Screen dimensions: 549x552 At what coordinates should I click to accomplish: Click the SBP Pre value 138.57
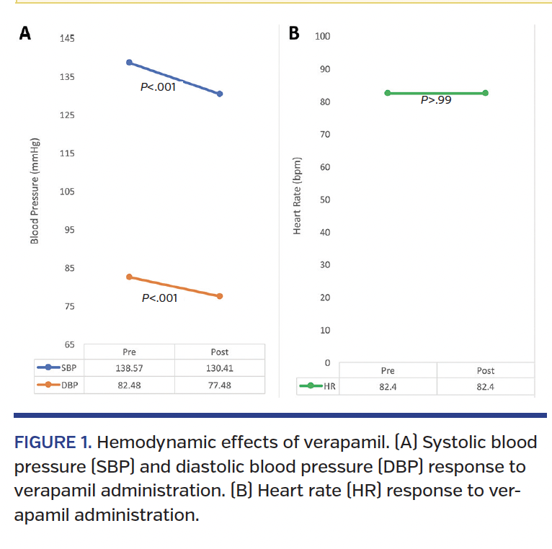pos(129,368)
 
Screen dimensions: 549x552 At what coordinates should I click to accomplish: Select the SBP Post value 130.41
pos(220,368)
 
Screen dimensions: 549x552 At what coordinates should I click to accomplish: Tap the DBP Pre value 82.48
pos(129,385)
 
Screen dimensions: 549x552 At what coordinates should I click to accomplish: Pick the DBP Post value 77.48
pos(220,385)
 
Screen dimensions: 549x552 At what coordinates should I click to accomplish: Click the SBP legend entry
pos(58,368)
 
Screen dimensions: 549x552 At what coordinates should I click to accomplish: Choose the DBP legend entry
pos(58,385)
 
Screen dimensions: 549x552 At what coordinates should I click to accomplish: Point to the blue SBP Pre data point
pos(129,62)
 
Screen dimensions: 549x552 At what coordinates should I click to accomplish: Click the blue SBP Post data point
pos(220,94)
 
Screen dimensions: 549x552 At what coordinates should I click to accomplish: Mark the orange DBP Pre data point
pos(129,277)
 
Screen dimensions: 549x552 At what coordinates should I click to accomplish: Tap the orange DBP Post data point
pos(220,296)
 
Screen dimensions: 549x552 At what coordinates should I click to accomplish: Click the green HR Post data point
pos(486,93)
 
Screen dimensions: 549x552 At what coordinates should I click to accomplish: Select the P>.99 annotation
pos(436,101)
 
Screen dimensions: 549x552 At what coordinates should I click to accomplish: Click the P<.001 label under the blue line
pos(158,87)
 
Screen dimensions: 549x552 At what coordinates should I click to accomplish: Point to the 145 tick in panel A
pos(67,38)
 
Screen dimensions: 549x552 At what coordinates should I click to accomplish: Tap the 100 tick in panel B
pos(322,36)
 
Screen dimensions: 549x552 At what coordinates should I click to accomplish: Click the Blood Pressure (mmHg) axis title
pos(35,191)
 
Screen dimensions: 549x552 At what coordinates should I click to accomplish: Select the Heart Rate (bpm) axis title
pos(297,195)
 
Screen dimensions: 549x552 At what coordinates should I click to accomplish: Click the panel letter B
pos(294,33)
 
